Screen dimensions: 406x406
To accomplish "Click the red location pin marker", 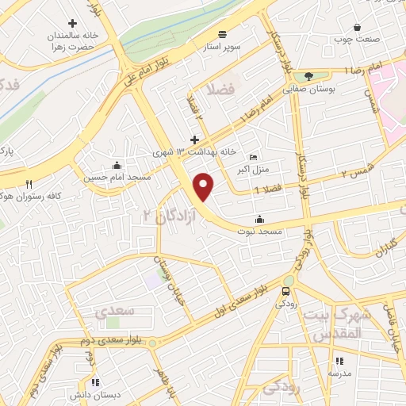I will click(x=205, y=187).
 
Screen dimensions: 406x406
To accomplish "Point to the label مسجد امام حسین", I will click(x=117, y=178).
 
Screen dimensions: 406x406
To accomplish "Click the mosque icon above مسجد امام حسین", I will click(x=117, y=166).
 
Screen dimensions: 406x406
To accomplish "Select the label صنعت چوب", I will click(x=357, y=38).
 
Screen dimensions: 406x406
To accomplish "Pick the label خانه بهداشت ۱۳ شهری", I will click(x=195, y=151).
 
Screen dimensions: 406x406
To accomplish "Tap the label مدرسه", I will click(x=340, y=372).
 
